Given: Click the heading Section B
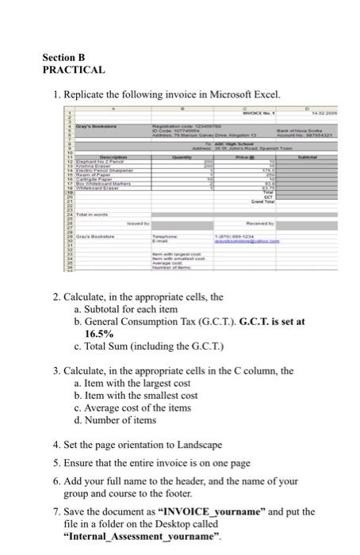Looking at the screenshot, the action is pyautogui.click(x=63, y=58).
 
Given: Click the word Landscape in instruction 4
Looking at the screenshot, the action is pyautogui.click(x=197, y=445).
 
